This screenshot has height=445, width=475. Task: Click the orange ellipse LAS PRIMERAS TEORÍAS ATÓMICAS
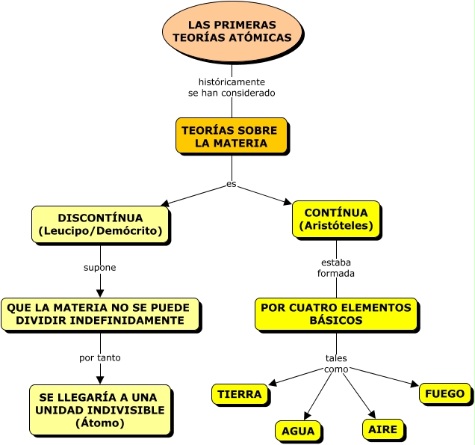click(x=232, y=31)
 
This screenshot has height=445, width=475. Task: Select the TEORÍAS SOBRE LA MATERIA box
click(x=231, y=136)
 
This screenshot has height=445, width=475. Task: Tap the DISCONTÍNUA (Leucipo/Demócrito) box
click(x=100, y=224)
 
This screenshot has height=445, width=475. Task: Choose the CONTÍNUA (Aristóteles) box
click(x=336, y=219)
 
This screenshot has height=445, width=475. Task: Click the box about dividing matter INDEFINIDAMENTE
click(x=100, y=314)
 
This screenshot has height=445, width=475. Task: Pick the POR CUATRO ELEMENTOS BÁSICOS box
click(x=335, y=314)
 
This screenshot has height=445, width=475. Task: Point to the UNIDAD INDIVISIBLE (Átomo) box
click(x=100, y=410)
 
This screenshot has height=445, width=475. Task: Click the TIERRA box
click(x=240, y=394)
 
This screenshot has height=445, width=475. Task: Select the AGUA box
click(x=298, y=432)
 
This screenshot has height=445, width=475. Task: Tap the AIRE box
click(x=383, y=429)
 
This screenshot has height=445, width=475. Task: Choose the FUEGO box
click(x=444, y=393)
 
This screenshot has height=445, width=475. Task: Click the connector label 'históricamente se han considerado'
click(x=232, y=88)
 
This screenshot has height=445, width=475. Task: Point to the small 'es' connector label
click(x=232, y=184)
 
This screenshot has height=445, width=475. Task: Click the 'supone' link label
click(x=100, y=267)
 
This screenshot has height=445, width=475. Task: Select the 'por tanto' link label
click(x=100, y=357)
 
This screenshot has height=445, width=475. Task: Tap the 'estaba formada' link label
click(x=336, y=268)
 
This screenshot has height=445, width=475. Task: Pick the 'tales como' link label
click(x=336, y=363)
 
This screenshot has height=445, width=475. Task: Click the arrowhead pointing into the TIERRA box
click(x=273, y=383)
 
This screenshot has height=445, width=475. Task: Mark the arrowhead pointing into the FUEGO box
click(x=415, y=384)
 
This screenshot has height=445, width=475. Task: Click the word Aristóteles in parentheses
click(x=336, y=225)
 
